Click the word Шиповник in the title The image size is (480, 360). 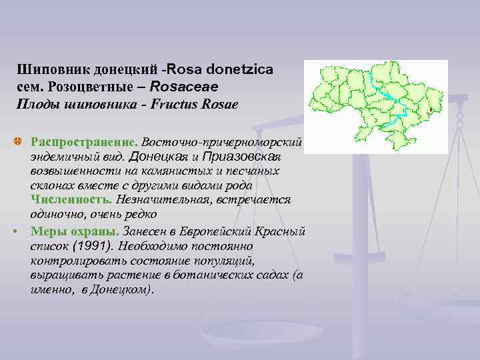point(46,69)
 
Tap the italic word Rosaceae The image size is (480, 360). point(184,87)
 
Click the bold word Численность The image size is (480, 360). point(70,200)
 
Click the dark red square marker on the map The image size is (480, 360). point(431,109)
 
